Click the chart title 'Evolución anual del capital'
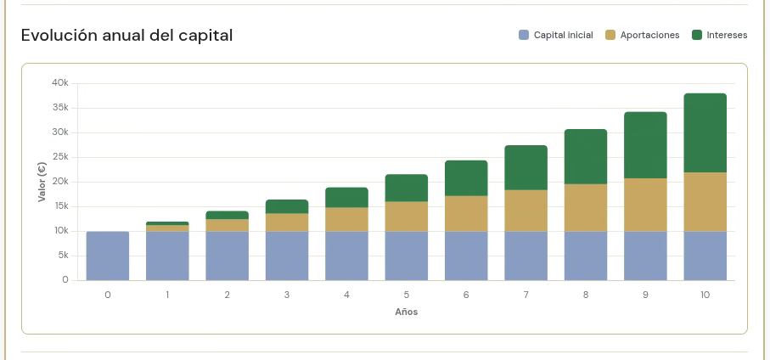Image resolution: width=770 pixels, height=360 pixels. click(126, 36)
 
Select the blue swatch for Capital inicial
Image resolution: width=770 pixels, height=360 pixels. click(524, 35)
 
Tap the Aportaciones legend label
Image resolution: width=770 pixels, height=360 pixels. click(649, 35)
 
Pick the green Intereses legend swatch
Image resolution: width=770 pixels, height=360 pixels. click(697, 35)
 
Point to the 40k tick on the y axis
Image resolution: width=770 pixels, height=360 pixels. click(60, 83)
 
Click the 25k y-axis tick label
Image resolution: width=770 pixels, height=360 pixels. click(60, 157)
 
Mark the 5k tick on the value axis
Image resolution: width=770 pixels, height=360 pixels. click(62, 256)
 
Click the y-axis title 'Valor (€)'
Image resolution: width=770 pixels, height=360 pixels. click(42, 182)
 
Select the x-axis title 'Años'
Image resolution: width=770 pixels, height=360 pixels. click(406, 312)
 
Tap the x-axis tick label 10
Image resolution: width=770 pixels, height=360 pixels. click(705, 295)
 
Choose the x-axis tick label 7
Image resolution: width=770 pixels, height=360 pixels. click(526, 295)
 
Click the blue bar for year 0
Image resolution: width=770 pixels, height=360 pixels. click(108, 256)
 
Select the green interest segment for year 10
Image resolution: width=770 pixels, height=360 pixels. click(705, 132)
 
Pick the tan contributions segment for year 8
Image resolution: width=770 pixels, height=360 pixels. click(586, 208)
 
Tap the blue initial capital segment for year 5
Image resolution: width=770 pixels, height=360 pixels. click(406, 256)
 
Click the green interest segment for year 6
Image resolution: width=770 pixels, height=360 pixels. click(466, 178)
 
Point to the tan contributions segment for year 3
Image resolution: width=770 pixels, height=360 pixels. click(287, 222)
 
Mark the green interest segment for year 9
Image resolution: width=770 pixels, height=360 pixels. click(645, 145)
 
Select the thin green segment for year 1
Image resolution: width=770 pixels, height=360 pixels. click(167, 223)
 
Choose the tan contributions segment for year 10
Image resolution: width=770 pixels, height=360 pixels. click(705, 202)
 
